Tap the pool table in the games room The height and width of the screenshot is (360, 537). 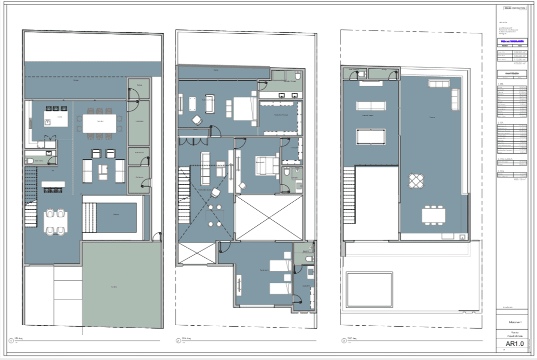[370, 137]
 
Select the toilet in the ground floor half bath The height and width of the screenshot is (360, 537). [30, 161]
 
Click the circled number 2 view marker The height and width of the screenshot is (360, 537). [178, 341]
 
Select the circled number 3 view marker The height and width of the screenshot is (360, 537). [344, 341]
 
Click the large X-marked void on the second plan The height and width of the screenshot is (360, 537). [269, 217]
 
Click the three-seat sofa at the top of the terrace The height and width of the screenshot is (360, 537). [434, 83]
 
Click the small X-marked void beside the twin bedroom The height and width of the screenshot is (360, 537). [196, 253]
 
